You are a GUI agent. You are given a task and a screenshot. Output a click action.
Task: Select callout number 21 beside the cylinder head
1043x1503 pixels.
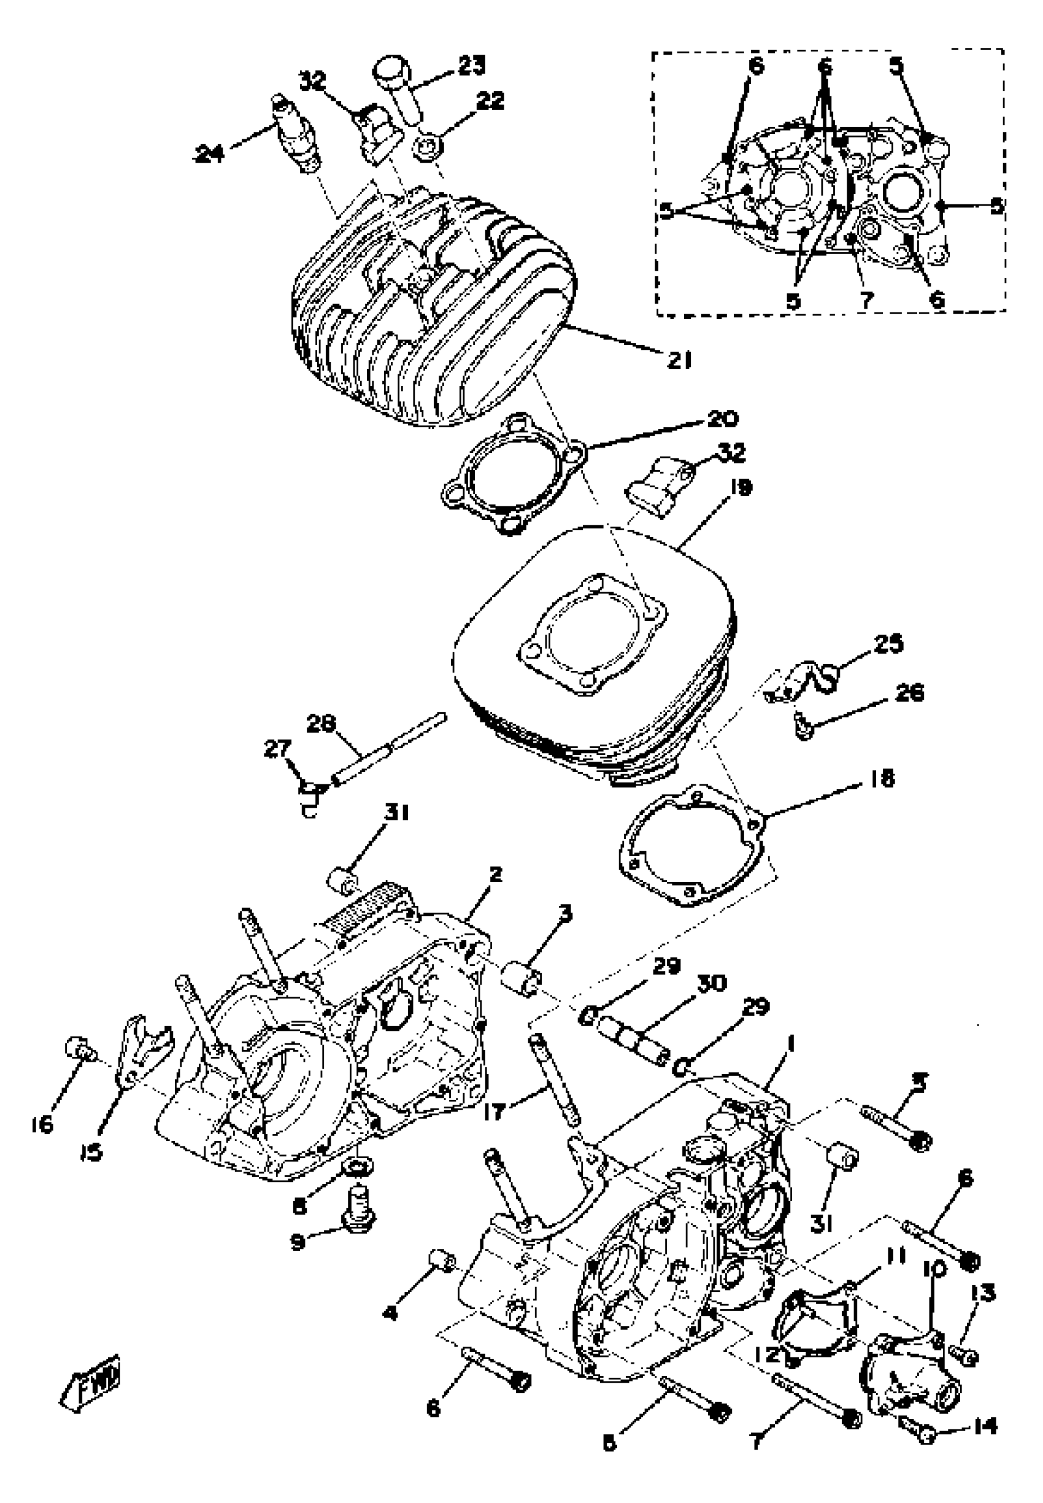pos(679,360)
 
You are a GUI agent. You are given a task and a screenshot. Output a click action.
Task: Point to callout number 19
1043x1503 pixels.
pos(723,487)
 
